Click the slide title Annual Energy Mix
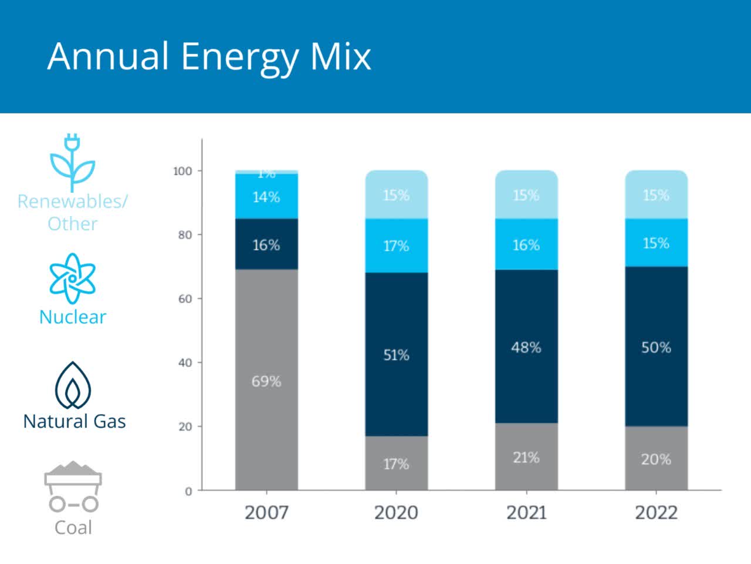[209, 56]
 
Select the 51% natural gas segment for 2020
[396, 354]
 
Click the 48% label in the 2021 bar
[526, 347]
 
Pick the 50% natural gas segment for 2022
[656, 347]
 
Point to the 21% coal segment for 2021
[526, 457]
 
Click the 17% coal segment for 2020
[396, 464]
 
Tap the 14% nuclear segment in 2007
[266, 197]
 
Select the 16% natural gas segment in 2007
[266, 244]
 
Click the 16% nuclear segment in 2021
[526, 244]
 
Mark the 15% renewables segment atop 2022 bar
[656, 194]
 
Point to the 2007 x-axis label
[266, 512]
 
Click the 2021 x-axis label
[526, 512]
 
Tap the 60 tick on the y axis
[185, 298]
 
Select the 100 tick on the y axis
[182, 171]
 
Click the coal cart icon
[73, 486]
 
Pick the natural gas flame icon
[73, 385]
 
